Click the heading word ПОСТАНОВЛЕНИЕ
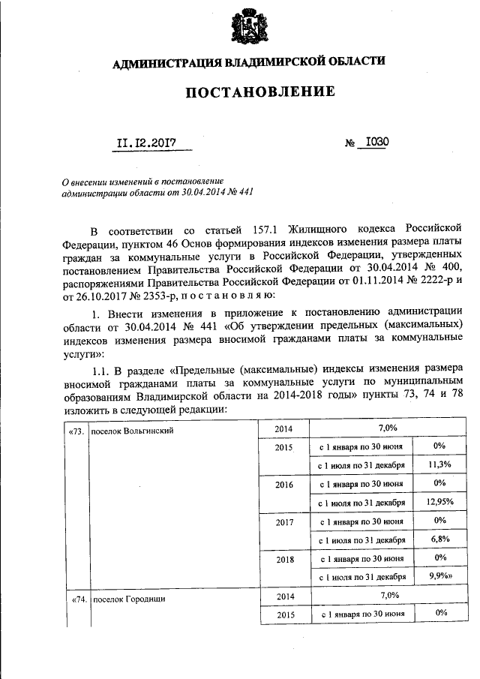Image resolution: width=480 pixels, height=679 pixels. (248, 93)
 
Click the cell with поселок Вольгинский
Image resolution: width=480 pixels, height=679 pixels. (132, 431)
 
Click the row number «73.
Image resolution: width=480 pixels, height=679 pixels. (76, 431)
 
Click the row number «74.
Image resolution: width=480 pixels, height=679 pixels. (76, 599)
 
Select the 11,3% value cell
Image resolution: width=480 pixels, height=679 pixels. (439, 464)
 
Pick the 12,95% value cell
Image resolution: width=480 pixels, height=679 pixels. (439, 502)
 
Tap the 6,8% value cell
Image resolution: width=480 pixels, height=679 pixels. (439, 539)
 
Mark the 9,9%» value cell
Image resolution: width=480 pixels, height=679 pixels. (441, 577)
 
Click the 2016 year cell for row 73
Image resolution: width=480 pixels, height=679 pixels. (283, 485)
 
